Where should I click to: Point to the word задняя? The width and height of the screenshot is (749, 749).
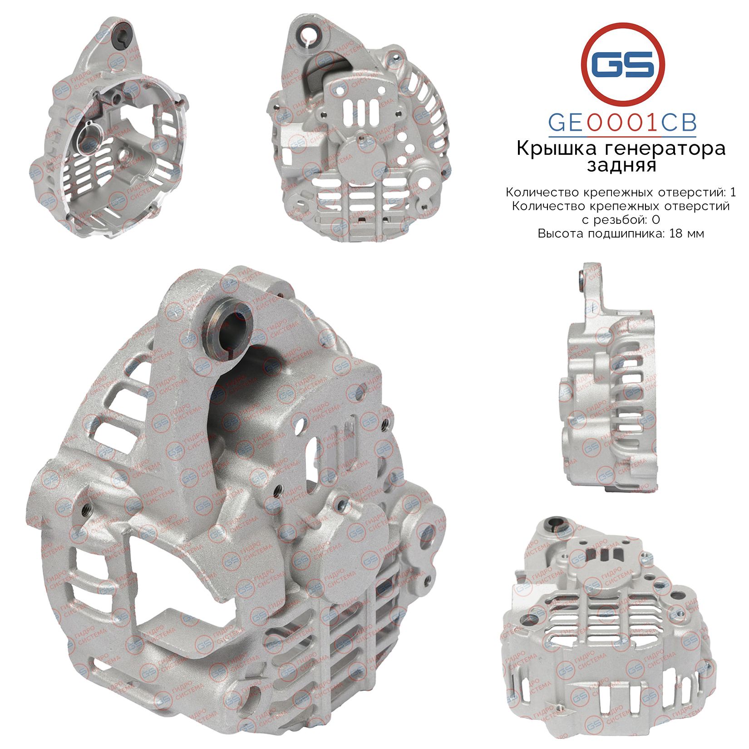(x=621, y=166)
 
